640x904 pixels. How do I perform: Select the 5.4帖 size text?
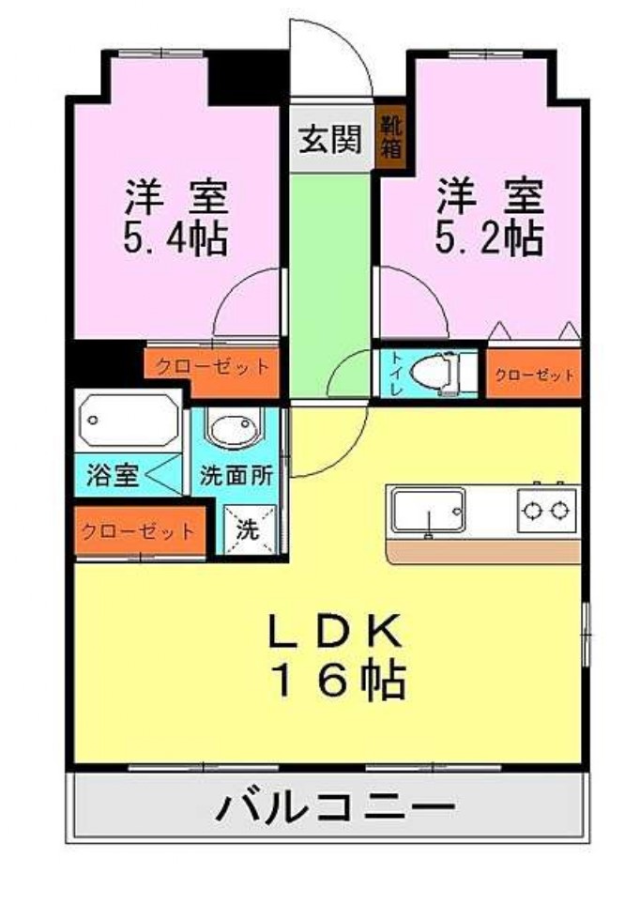[x=175, y=240]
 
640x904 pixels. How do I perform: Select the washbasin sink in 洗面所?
[x=232, y=431]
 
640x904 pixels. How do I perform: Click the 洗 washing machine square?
[x=248, y=529]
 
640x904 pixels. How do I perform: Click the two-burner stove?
[x=546, y=511]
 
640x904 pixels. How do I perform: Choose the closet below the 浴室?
[x=139, y=531]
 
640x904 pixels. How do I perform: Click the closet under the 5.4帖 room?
[x=212, y=367]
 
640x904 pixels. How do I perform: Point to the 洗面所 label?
[x=236, y=475]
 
